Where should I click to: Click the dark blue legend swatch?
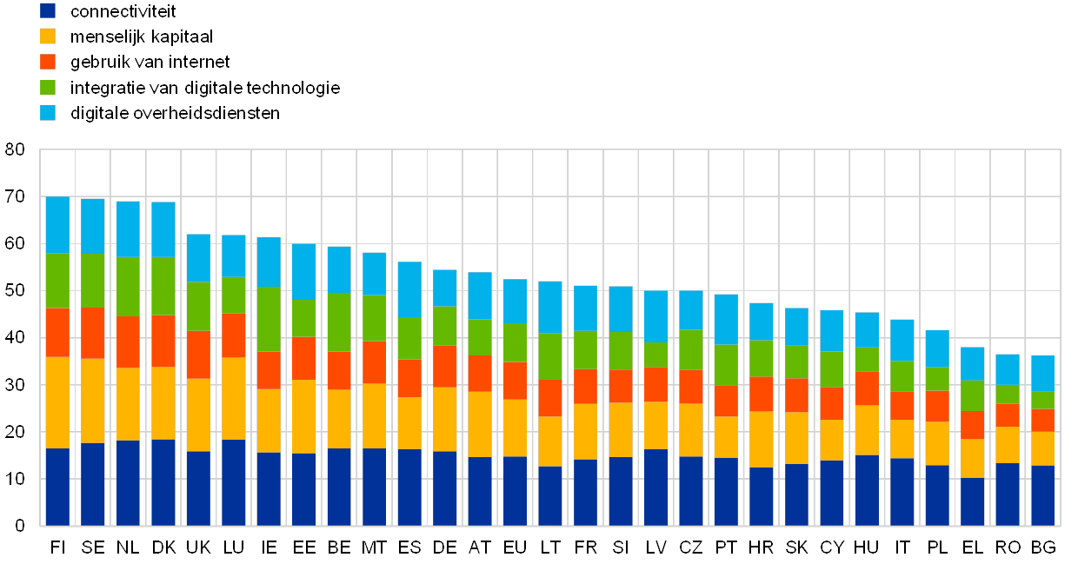[x=48, y=11]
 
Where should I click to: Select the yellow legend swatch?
[x=48, y=36]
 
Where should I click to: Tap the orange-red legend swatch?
[x=48, y=62]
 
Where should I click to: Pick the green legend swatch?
[x=48, y=88]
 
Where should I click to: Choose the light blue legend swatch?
[x=48, y=113]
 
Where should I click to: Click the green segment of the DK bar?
[x=163, y=286]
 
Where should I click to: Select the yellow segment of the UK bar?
[x=198, y=415]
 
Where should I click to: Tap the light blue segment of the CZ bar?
[x=691, y=310]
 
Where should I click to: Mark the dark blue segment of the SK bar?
[x=796, y=494]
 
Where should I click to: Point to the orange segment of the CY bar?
[x=832, y=403]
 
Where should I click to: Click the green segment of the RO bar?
[x=1008, y=395]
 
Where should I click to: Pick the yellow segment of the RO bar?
[x=1008, y=445]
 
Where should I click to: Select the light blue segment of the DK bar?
[x=163, y=229]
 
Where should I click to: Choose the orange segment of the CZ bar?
[x=691, y=387]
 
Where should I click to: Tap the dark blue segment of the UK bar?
[x=198, y=488]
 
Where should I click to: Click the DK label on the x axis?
[x=167, y=547]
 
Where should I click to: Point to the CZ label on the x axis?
[x=691, y=547]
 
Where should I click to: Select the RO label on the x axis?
[x=1009, y=547]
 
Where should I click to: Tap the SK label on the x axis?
[x=797, y=547]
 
